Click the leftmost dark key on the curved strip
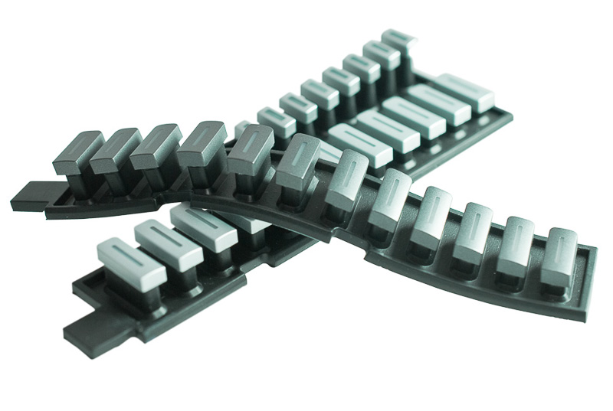[x=77, y=152]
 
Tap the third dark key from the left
[x=156, y=146]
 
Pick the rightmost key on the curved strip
[x=559, y=255]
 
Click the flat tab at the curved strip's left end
[x=28, y=197]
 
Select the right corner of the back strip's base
[x=509, y=114]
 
